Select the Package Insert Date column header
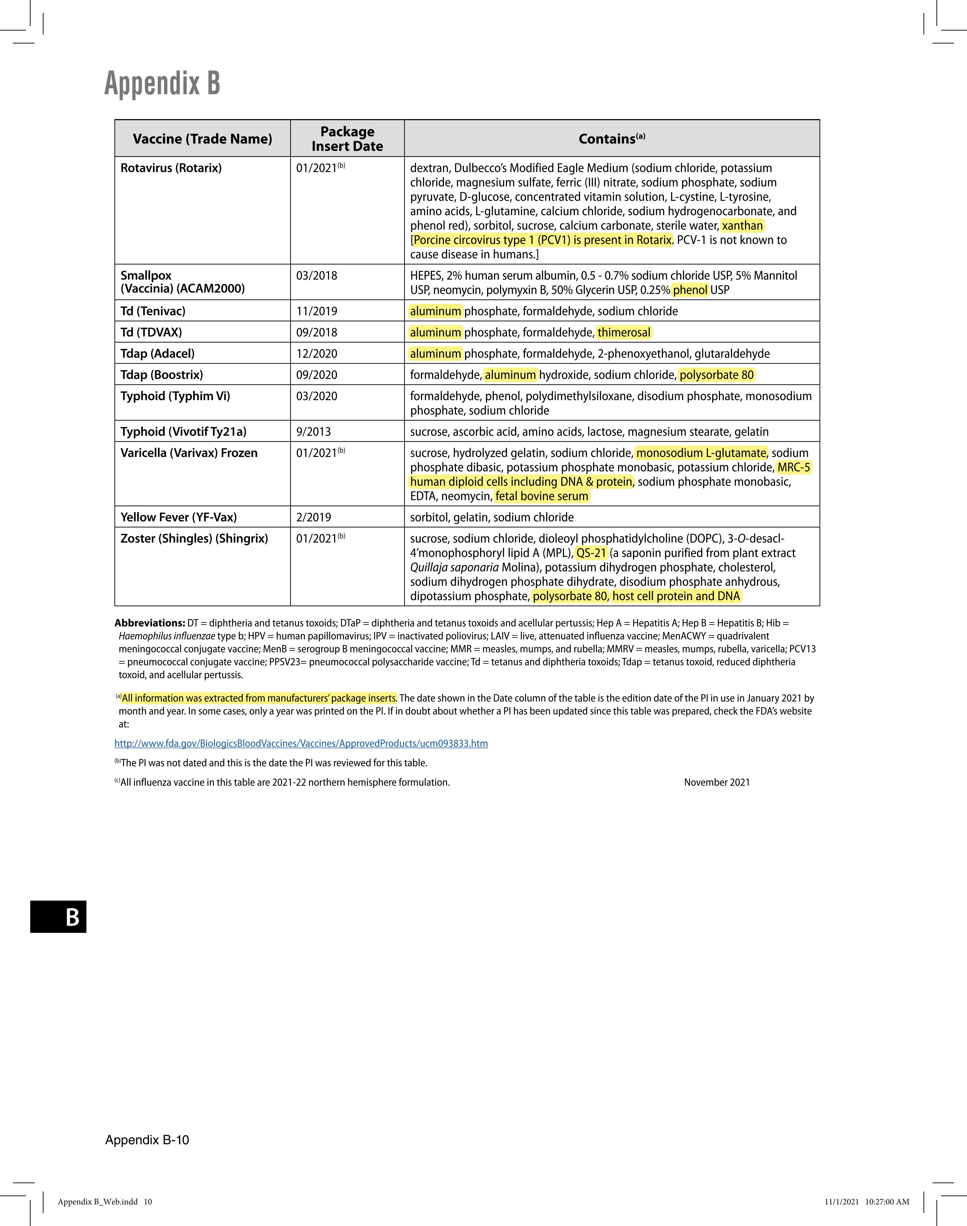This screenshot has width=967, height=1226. [347, 139]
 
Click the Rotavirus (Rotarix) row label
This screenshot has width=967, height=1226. [171, 168]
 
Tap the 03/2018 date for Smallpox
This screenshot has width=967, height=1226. [317, 276]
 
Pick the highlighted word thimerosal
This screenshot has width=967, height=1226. [624, 332]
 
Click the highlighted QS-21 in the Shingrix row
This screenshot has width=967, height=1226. [591, 553]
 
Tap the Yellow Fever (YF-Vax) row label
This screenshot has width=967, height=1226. [178, 517]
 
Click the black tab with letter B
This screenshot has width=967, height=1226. [58, 916]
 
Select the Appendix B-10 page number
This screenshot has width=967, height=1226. [147, 1139]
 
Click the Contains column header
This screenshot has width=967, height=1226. [611, 139]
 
